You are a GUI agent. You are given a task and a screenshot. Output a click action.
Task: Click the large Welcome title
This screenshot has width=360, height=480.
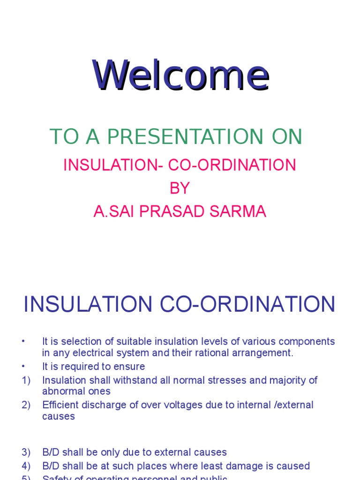click(x=181, y=75)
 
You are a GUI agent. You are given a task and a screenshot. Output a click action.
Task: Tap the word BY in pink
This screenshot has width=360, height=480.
click(x=180, y=188)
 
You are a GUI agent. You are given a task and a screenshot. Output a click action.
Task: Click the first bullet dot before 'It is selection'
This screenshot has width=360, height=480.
click(x=23, y=341)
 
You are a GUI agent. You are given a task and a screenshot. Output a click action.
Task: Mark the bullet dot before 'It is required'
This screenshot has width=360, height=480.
click(x=23, y=367)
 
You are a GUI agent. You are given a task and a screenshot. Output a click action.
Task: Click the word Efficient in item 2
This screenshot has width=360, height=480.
click(x=60, y=405)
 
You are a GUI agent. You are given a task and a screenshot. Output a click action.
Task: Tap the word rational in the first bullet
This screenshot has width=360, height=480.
click(x=225, y=353)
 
